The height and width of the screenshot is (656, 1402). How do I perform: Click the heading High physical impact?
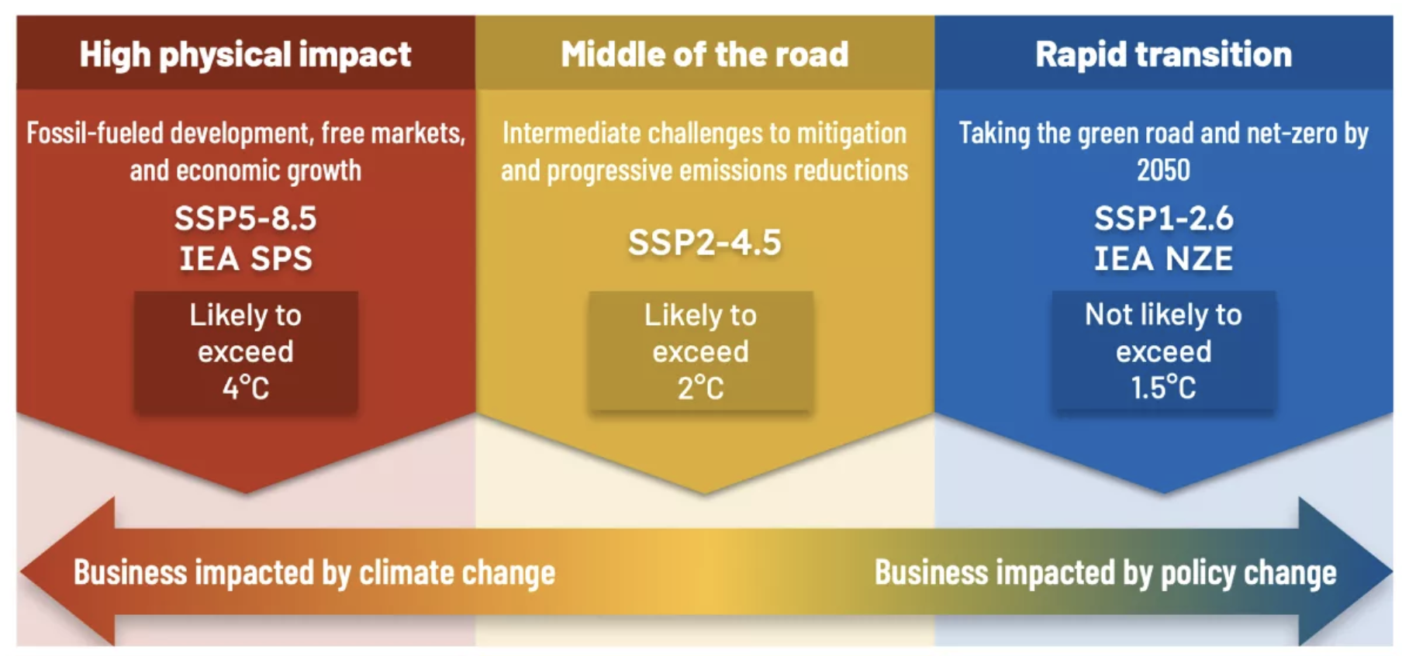pyautogui.click(x=245, y=55)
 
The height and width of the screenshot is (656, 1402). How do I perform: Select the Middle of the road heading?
pyautogui.click(x=704, y=54)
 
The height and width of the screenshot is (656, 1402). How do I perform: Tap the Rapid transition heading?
pyautogui.click(x=1163, y=55)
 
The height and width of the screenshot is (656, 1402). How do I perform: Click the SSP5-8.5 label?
pyautogui.click(x=245, y=218)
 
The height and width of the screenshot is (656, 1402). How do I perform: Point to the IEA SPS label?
pyautogui.click(x=246, y=258)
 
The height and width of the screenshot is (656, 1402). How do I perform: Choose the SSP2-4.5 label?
pyautogui.click(x=704, y=242)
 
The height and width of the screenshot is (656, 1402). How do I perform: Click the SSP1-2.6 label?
pyautogui.click(x=1163, y=218)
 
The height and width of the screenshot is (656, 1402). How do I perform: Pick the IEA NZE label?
pyautogui.click(x=1163, y=258)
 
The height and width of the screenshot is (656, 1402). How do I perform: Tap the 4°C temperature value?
pyautogui.click(x=246, y=387)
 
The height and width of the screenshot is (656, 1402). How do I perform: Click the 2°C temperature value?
pyautogui.click(x=700, y=387)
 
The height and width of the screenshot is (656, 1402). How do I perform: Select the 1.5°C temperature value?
pyautogui.click(x=1163, y=387)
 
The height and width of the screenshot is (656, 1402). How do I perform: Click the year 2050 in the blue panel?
pyautogui.click(x=1163, y=170)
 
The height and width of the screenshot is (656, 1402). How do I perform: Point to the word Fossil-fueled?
pyautogui.click(x=95, y=133)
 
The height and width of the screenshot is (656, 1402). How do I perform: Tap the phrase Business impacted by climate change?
pyautogui.click(x=314, y=573)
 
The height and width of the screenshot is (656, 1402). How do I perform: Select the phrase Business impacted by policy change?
pyautogui.click(x=1106, y=573)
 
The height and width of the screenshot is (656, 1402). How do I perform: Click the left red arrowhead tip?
pyautogui.click(x=20, y=572)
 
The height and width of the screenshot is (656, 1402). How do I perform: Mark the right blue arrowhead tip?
pyautogui.click(x=1392, y=572)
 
